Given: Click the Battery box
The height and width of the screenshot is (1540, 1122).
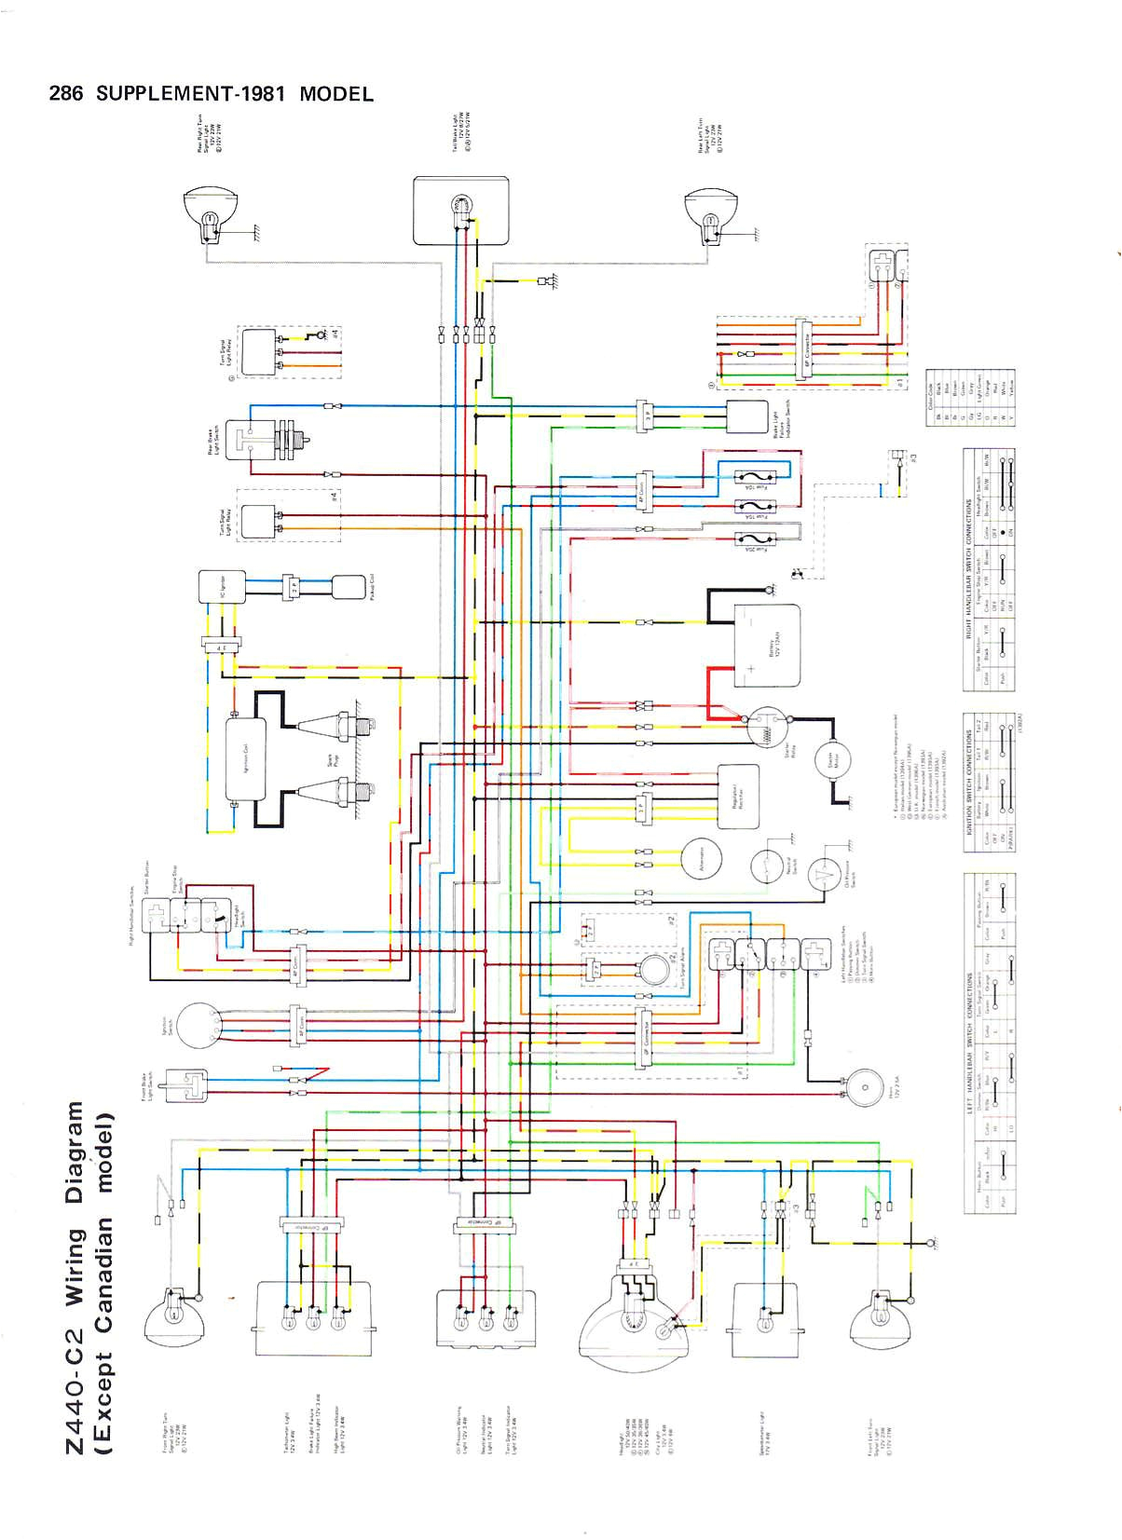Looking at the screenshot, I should pyautogui.click(x=766, y=644).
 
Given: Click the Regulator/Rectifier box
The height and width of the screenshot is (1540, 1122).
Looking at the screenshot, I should pyautogui.click(x=738, y=797).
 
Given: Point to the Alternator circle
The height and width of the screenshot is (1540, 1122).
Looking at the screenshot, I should pyautogui.click(x=702, y=860).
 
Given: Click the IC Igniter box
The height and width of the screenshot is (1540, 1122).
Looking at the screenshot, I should pyautogui.click(x=221, y=587).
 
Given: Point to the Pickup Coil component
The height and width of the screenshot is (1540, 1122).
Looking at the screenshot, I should pyautogui.click(x=348, y=587).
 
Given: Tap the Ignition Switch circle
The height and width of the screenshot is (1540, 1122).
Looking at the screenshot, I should pyautogui.click(x=198, y=1027).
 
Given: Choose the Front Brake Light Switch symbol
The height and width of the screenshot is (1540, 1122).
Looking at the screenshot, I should pyautogui.click(x=186, y=1083).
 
